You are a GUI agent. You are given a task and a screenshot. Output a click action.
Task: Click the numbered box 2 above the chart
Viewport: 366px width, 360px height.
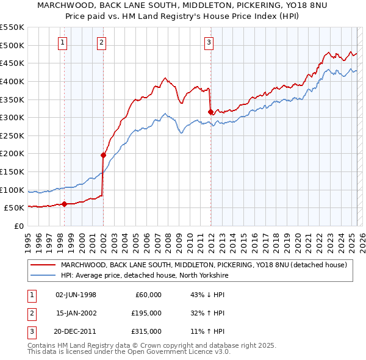[101, 42]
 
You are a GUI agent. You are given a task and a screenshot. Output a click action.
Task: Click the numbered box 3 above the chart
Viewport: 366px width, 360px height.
[209, 42]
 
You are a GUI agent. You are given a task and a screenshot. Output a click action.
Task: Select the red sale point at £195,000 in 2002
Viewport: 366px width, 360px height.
[103, 155]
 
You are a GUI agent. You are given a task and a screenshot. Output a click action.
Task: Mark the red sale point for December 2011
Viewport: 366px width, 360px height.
[210, 112]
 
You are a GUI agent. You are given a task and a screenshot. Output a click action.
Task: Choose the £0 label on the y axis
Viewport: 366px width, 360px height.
[20, 226]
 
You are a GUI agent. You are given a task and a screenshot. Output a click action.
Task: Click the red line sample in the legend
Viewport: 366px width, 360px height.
[43, 265]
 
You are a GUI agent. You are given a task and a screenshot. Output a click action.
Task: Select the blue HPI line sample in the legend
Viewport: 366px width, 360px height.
[43, 276]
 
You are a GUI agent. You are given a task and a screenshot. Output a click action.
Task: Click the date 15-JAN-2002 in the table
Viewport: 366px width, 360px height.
[76, 313]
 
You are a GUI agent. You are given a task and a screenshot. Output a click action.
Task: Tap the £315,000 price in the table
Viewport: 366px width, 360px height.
[147, 331]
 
